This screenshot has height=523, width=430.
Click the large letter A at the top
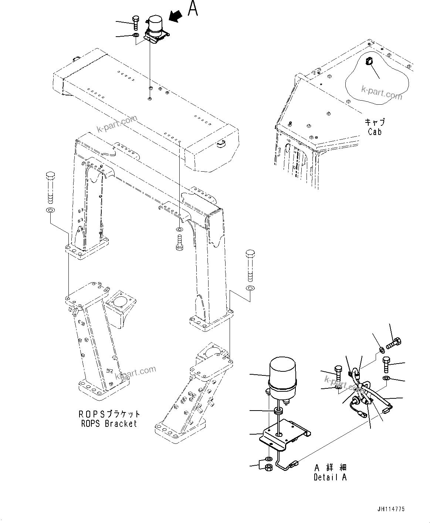(193, 9)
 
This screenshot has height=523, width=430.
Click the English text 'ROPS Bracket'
(109, 424)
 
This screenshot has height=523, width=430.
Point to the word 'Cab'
(374, 131)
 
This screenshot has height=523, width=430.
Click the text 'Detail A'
(330, 477)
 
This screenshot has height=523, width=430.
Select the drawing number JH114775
(392, 509)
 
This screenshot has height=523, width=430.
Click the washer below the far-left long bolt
(50, 210)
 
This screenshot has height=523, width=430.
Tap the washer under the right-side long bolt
(250, 288)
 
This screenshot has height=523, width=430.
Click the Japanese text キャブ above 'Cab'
(375, 122)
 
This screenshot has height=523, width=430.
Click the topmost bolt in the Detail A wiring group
(395, 343)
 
